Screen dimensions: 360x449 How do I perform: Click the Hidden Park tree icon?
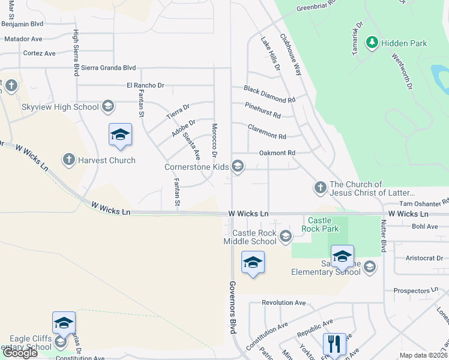pyautogui.click(x=373, y=43)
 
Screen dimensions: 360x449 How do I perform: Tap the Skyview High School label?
pyautogui.click(x=60, y=107)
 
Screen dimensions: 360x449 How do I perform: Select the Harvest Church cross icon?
pyautogui.click(x=68, y=160)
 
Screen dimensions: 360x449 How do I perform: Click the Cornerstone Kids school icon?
pyautogui.click(x=238, y=167)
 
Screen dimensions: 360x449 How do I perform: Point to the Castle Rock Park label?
pyautogui.click(x=324, y=224)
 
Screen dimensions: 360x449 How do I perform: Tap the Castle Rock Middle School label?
pyautogui.click(x=255, y=237)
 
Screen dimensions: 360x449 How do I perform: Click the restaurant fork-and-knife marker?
pyautogui.click(x=334, y=344)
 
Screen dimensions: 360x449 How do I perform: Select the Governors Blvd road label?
pyautogui.click(x=233, y=306)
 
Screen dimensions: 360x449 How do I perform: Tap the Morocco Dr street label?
pyautogui.click(x=214, y=137)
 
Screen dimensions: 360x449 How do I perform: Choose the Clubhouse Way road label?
pyautogui.click(x=291, y=53)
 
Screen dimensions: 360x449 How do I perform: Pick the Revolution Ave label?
pyautogui.click(x=284, y=303)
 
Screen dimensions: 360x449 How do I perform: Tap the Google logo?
pyautogui.click(x=20, y=353)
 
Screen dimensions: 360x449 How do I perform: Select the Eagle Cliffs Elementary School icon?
pyautogui.click(x=60, y=342)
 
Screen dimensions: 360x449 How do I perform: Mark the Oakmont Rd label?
pyautogui.click(x=277, y=153)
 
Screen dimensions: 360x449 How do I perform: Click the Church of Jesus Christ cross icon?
pyautogui.click(x=320, y=188)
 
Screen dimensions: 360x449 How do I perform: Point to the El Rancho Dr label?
pyautogui.click(x=145, y=85)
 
